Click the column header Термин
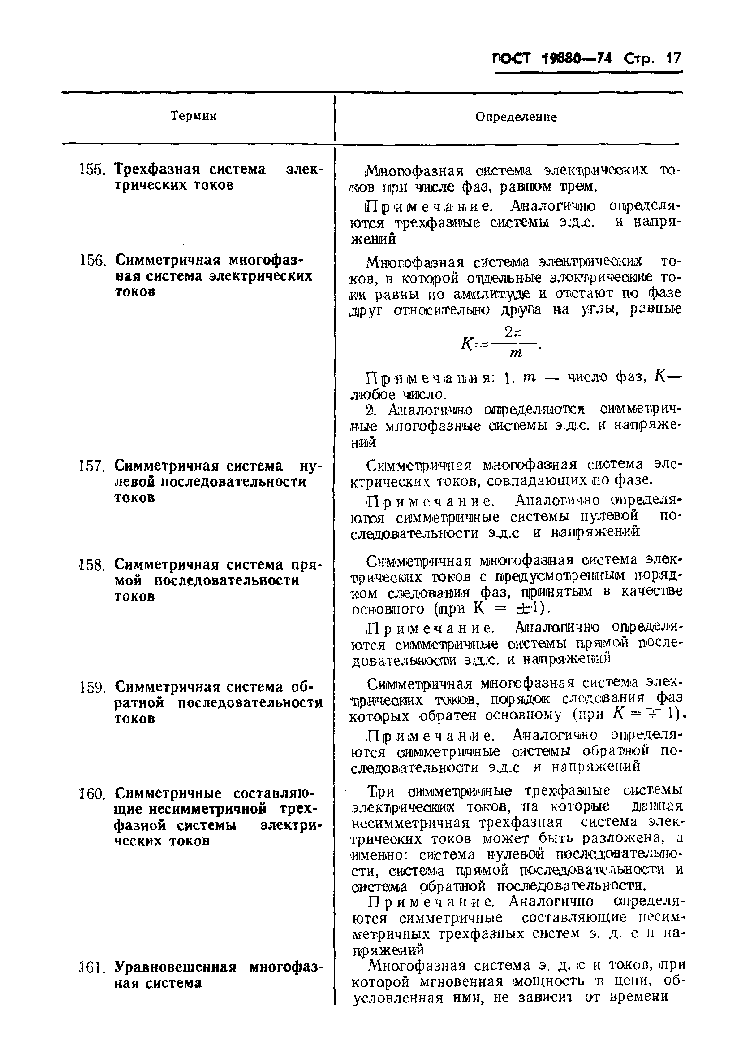(x=194, y=116)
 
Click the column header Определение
(x=516, y=117)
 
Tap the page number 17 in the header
(x=672, y=59)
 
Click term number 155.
(x=92, y=170)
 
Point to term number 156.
(x=92, y=261)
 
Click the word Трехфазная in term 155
(x=157, y=169)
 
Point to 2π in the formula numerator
(x=512, y=331)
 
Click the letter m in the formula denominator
(x=516, y=353)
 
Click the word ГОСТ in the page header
(x=512, y=59)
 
